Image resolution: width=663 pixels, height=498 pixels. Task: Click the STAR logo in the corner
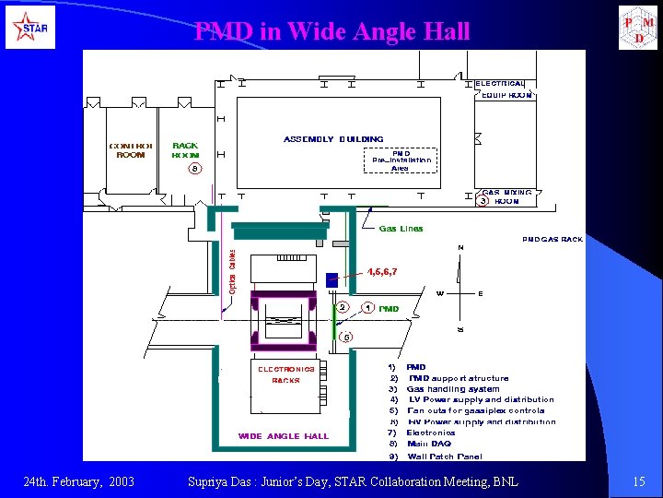point(29,28)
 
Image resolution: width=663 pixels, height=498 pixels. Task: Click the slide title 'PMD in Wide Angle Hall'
point(331,31)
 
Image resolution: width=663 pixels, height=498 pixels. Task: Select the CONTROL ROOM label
point(131,150)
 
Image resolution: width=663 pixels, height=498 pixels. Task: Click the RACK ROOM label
point(185,150)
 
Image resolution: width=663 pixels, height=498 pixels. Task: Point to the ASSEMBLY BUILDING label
point(333,139)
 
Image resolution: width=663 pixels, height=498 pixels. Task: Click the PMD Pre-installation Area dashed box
point(400,161)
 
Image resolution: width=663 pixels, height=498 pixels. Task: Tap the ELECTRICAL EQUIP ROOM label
point(504,89)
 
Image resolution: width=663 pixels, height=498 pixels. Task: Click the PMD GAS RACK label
point(552,240)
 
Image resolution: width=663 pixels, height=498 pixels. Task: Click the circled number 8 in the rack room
point(193,169)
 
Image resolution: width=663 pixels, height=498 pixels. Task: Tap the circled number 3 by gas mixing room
point(482,200)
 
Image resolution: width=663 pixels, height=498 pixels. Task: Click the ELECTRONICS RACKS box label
point(285,374)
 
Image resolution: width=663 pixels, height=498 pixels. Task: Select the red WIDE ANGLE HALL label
point(283,436)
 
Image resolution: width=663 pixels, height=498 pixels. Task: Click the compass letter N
point(460,248)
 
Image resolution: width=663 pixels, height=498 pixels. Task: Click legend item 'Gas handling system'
point(453,389)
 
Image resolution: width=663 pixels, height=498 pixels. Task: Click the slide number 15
point(639,481)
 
